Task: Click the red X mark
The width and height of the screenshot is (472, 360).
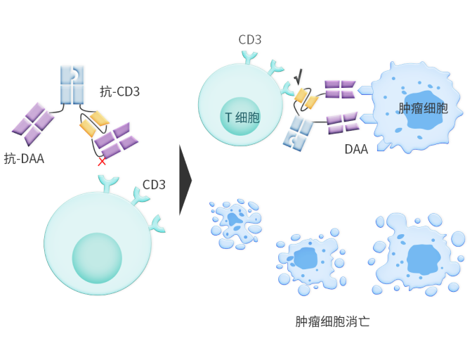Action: coord(102,161)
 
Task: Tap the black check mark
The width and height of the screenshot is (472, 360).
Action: coord(299,76)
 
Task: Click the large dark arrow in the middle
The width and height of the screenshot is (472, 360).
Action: coord(185,179)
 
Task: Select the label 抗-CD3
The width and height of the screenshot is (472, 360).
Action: coord(119,91)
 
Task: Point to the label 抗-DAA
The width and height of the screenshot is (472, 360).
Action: coord(24,158)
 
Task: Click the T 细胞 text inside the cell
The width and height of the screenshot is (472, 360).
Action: coord(242,118)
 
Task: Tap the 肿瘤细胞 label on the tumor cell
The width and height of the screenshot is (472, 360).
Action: coord(422,108)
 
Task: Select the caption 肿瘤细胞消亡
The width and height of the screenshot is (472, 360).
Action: coord(332,323)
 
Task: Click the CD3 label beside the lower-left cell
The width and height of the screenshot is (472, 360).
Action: coord(154,185)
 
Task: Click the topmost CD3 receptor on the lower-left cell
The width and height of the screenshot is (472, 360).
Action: coord(107,184)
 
